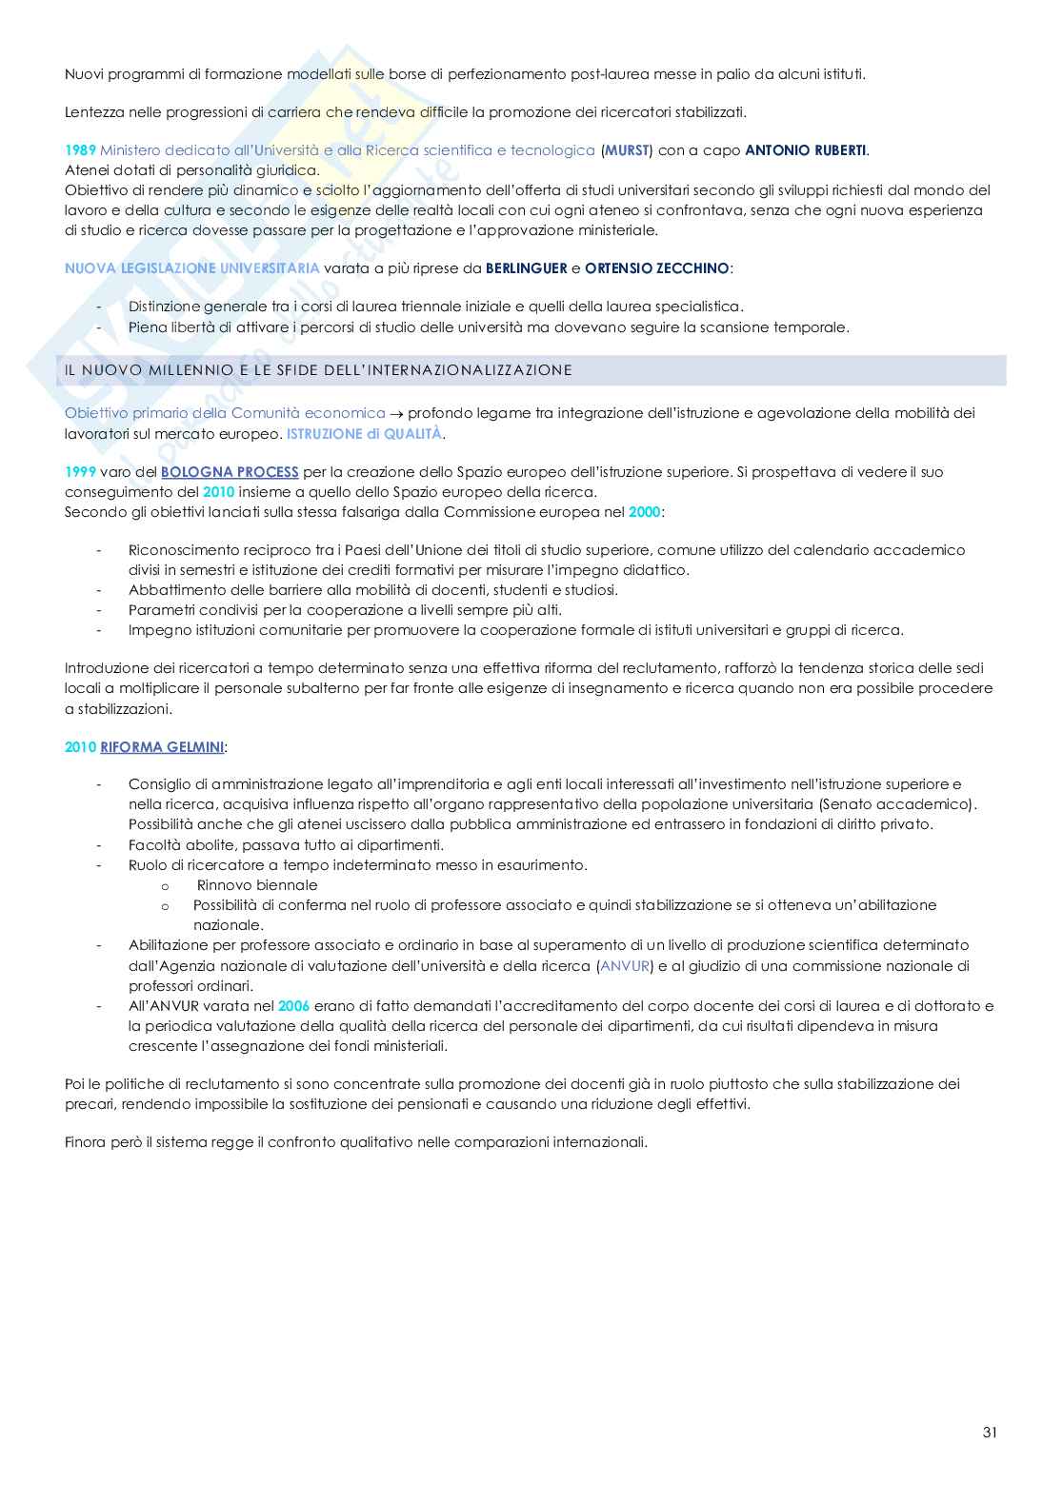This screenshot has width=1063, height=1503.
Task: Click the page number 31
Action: click(x=990, y=1433)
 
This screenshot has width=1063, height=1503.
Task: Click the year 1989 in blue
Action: click(x=80, y=150)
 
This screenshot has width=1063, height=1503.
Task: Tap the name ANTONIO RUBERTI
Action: click(x=806, y=150)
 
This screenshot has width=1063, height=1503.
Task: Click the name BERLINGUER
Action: click(x=526, y=268)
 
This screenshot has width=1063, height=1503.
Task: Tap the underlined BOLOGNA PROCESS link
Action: click(x=230, y=472)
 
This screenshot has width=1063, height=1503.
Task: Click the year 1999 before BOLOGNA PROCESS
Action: click(x=80, y=472)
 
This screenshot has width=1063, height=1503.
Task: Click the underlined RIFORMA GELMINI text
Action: click(x=162, y=747)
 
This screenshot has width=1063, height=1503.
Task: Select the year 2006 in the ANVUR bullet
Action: click(x=293, y=1006)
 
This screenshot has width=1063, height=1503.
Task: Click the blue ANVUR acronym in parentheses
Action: click(x=624, y=966)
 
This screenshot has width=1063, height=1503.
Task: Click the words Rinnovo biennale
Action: click(x=256, y=885)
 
